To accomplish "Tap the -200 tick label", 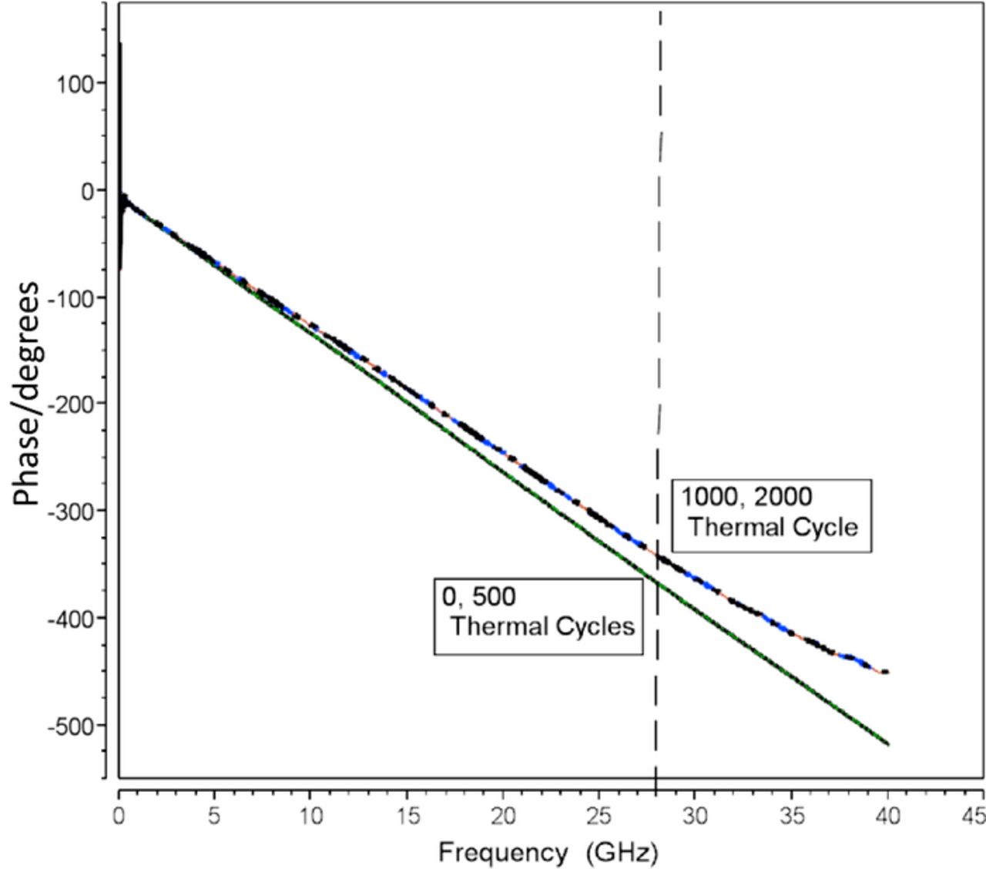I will coord(70,404).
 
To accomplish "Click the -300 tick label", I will coord(70,511).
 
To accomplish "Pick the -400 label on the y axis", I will coord(70,618).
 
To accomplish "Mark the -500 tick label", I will coord(70,725).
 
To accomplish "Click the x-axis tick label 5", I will coord(214,816).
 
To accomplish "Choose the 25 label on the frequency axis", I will coord(599,816).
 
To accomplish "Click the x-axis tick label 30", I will coord(695,816).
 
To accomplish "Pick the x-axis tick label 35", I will coord(791,816).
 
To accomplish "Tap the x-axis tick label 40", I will coord(887,816).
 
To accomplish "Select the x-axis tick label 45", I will coord(974,816).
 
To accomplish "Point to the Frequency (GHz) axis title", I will coord(548,852).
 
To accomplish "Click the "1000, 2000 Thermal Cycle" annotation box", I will coord(771,515).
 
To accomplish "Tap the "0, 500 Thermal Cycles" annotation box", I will coord(538,616).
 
